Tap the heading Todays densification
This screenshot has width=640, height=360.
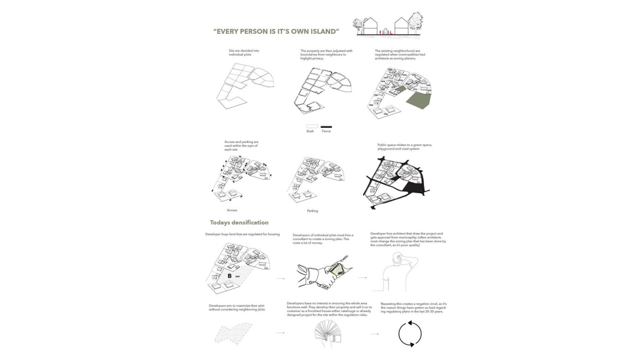[239, 222]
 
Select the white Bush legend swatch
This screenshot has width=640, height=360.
[312, 126]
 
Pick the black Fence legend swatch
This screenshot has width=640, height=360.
[326, 126]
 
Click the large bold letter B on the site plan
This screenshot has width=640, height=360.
[229, 276]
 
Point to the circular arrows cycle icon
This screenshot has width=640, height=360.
[410, 334]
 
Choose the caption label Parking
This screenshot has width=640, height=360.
[312, 211]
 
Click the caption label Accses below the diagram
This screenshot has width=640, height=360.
[232, 210]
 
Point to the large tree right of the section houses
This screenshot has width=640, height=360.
[416, 22]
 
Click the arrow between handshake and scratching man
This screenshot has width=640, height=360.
[363, 278]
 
